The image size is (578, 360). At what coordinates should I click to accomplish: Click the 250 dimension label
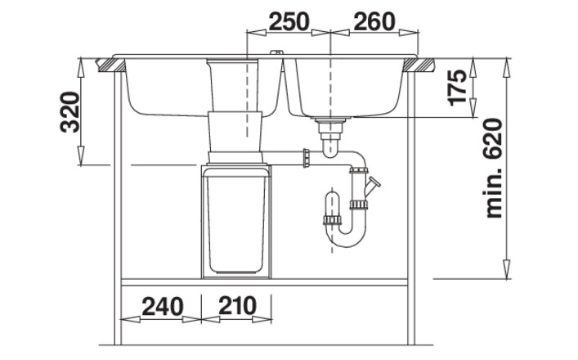point(289,21)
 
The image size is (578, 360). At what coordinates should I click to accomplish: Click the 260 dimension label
point(374,21)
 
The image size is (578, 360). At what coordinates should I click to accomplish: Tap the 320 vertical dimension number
point(69,112)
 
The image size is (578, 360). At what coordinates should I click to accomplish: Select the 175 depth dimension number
point(458,88)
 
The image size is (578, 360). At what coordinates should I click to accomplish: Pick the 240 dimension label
point(163,306)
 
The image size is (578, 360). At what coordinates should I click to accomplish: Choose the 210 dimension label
point(237,305)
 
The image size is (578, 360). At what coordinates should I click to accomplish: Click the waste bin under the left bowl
point(236,222)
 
